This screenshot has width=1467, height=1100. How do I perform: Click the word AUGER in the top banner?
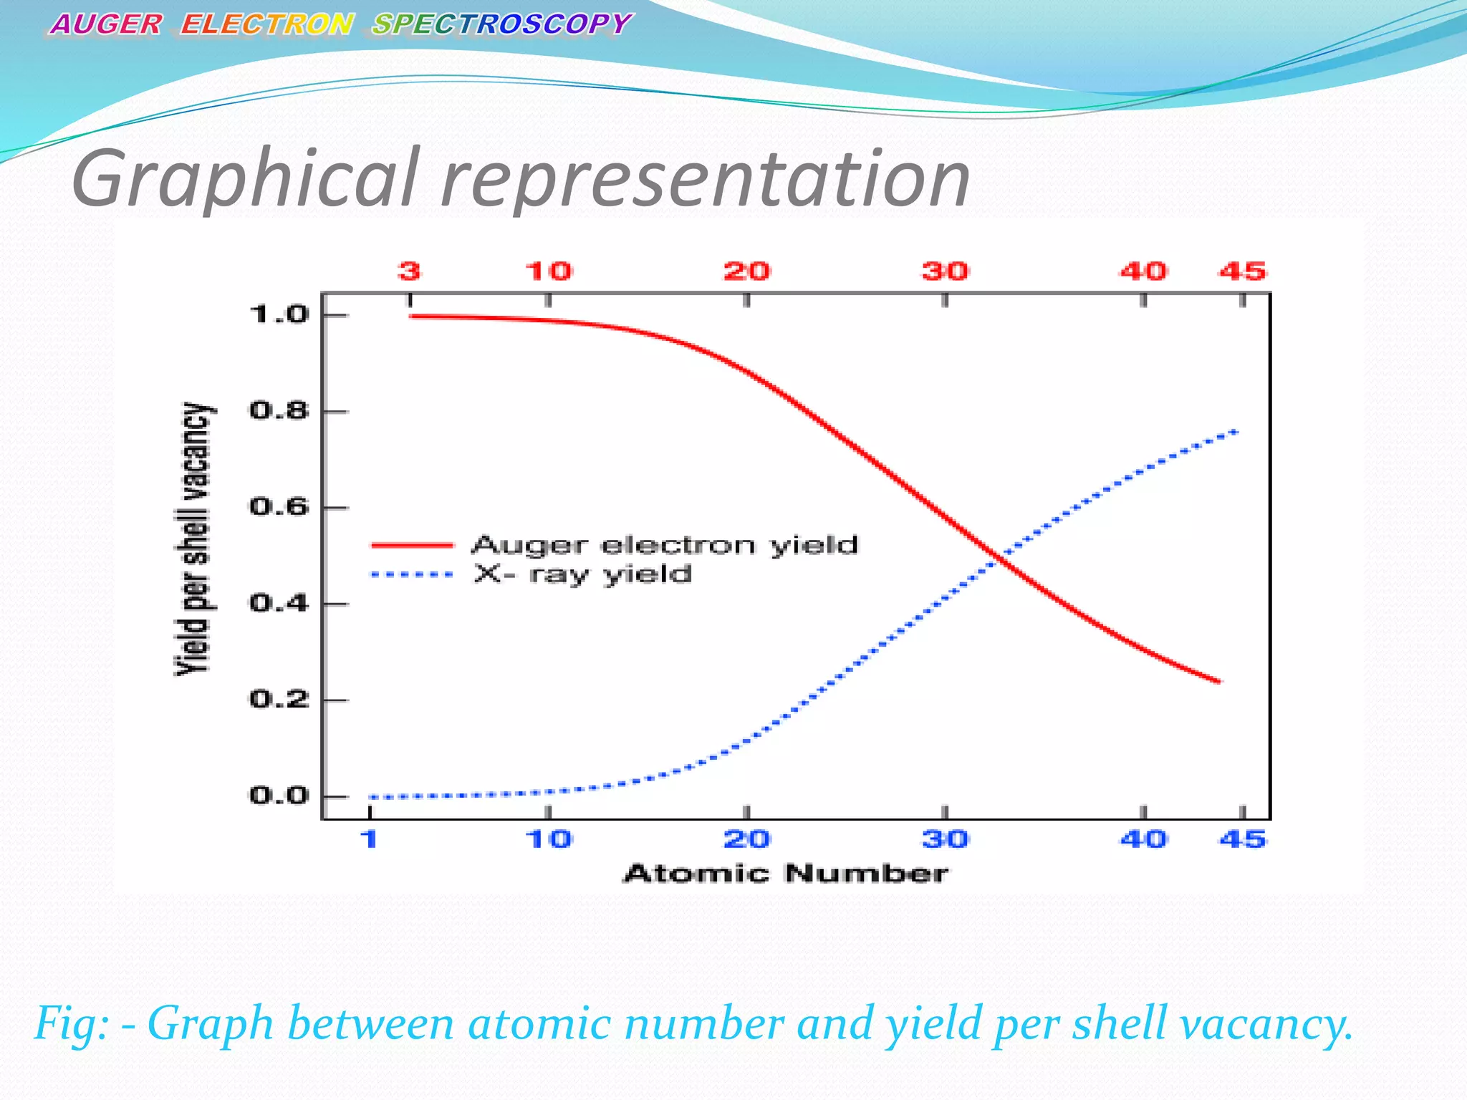(x=106, y=25)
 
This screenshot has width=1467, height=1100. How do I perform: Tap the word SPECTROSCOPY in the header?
(x=501, y=25)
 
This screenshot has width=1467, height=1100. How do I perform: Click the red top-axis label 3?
(x=409, y=271)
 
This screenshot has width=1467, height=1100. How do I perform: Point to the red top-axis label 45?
(x=1243, y=271)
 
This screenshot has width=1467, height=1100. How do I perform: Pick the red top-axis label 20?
(x=746, y=271)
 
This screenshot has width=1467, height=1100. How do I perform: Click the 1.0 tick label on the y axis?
(x=279, y=314)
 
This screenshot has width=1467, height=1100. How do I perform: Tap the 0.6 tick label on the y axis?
(x=279, y=507)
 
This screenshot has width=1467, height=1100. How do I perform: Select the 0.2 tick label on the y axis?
(x=279, y=699)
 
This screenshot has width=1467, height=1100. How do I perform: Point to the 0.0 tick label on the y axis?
(x=279, y=796)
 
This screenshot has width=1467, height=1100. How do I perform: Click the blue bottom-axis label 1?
(x=369, y=839)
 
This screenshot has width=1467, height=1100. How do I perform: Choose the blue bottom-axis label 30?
(x=945, y=839)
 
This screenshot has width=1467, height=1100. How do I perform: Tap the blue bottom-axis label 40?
(x=1143, y=839)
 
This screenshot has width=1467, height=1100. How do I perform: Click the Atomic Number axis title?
(x=786, y=874)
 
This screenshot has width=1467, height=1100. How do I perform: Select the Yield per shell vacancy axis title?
(x=194, y=539)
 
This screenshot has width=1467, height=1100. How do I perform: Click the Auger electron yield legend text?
(x=664, y=546)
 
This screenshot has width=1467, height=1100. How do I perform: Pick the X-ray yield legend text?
(x=582, y=574)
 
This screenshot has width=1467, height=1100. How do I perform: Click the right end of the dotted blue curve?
(x=1236, y=432)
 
